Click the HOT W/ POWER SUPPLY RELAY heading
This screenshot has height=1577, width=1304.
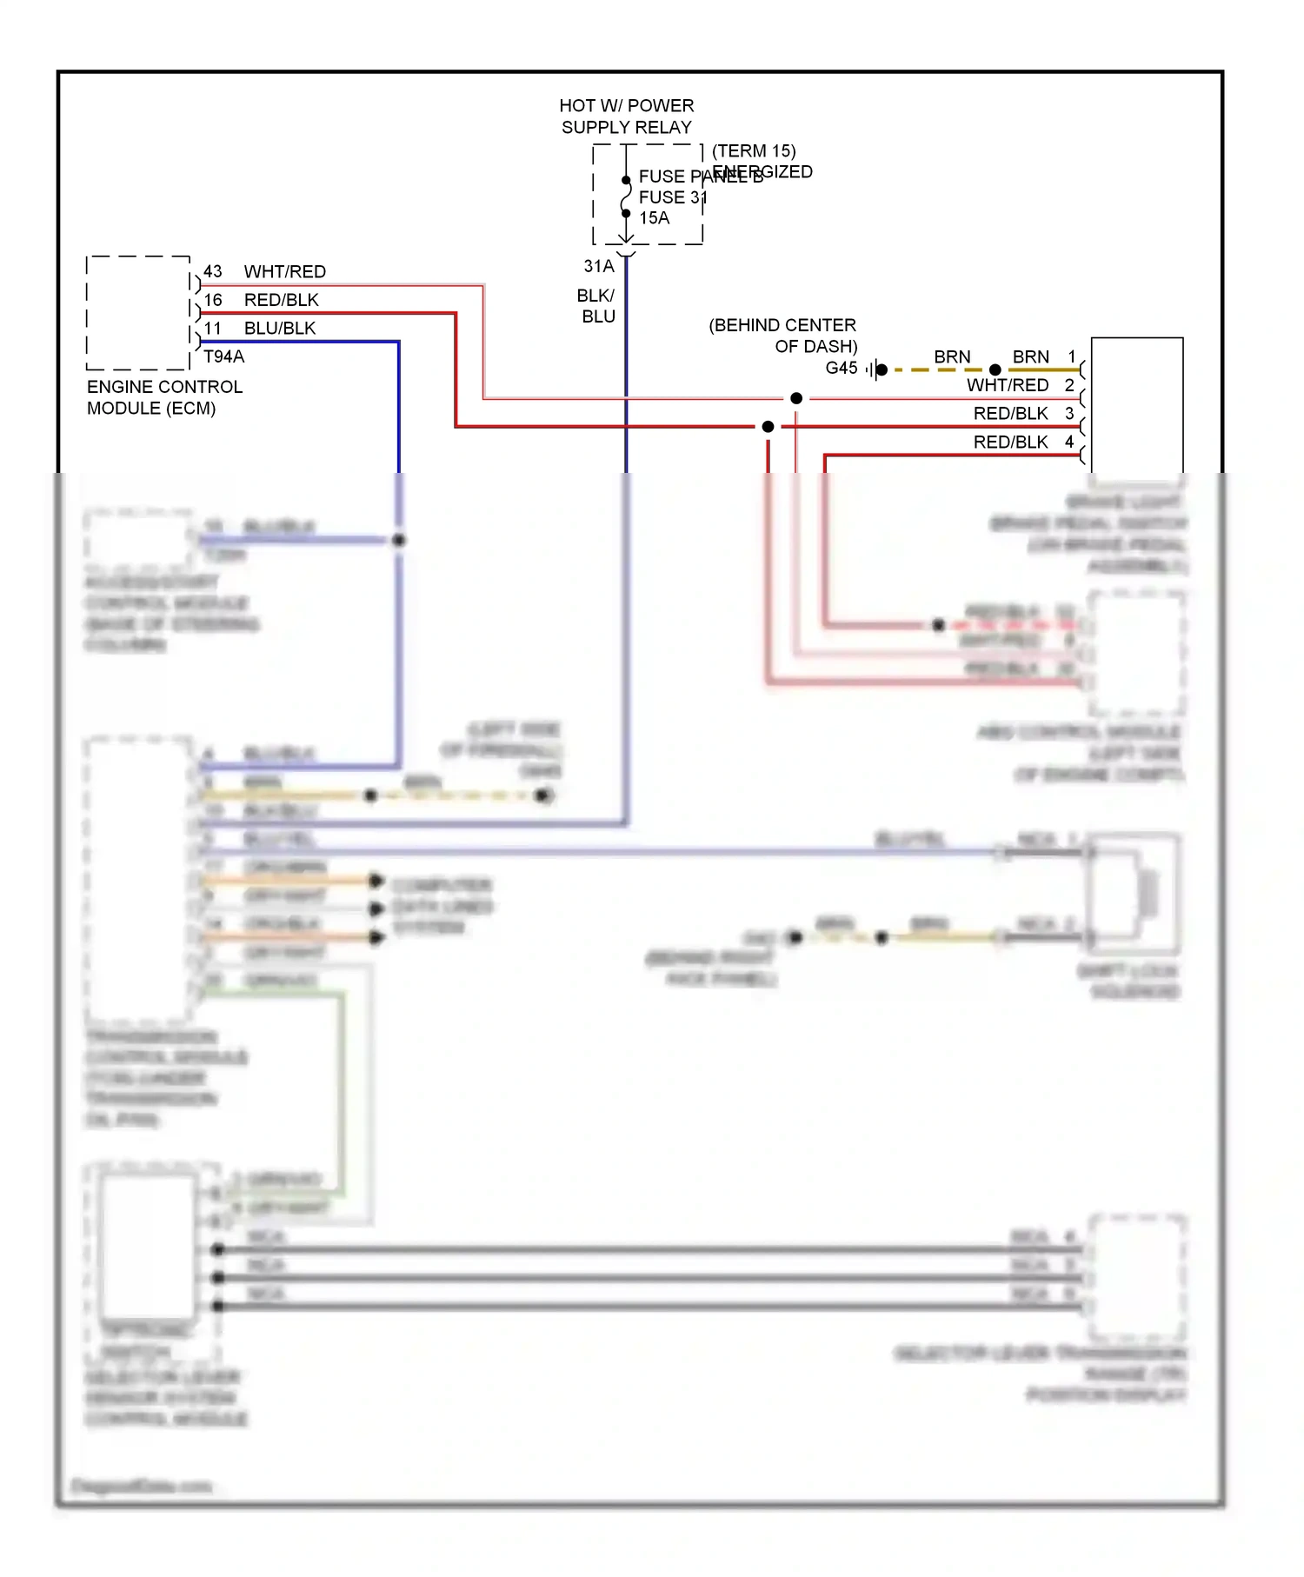tap(626, 116)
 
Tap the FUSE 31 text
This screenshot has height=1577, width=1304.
tap(672, 197)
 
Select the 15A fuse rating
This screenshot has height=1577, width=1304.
tap(654, 218)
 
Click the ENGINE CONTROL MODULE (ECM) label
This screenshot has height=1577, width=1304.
tap(163, 397)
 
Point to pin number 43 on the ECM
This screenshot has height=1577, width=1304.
tap(213, 271)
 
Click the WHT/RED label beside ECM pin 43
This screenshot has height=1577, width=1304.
tap(284, 271)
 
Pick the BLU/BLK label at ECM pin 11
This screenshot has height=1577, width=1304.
tap(279, 328)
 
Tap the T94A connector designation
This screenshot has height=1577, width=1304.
tap(223, 356)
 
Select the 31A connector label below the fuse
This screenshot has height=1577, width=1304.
tap(598, 266)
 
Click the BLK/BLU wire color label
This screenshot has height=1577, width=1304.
tap(597, 306)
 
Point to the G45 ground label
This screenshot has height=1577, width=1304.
tap(841, 368)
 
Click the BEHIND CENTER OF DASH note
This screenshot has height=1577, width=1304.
tap(782, 336)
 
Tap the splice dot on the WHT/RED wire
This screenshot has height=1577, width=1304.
tap(796, 398)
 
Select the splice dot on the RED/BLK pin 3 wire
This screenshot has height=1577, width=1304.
tap(768, 427)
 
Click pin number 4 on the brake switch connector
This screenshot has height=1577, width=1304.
tap(1069, 442)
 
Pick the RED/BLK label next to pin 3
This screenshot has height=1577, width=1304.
tap(1010, 413)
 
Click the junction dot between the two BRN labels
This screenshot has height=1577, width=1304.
tap(995, 369)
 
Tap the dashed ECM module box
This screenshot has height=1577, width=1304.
tap(138, 313)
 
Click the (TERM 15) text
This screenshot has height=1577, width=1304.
tap(754, 150)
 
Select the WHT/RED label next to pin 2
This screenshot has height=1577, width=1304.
tap(1007, 385)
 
